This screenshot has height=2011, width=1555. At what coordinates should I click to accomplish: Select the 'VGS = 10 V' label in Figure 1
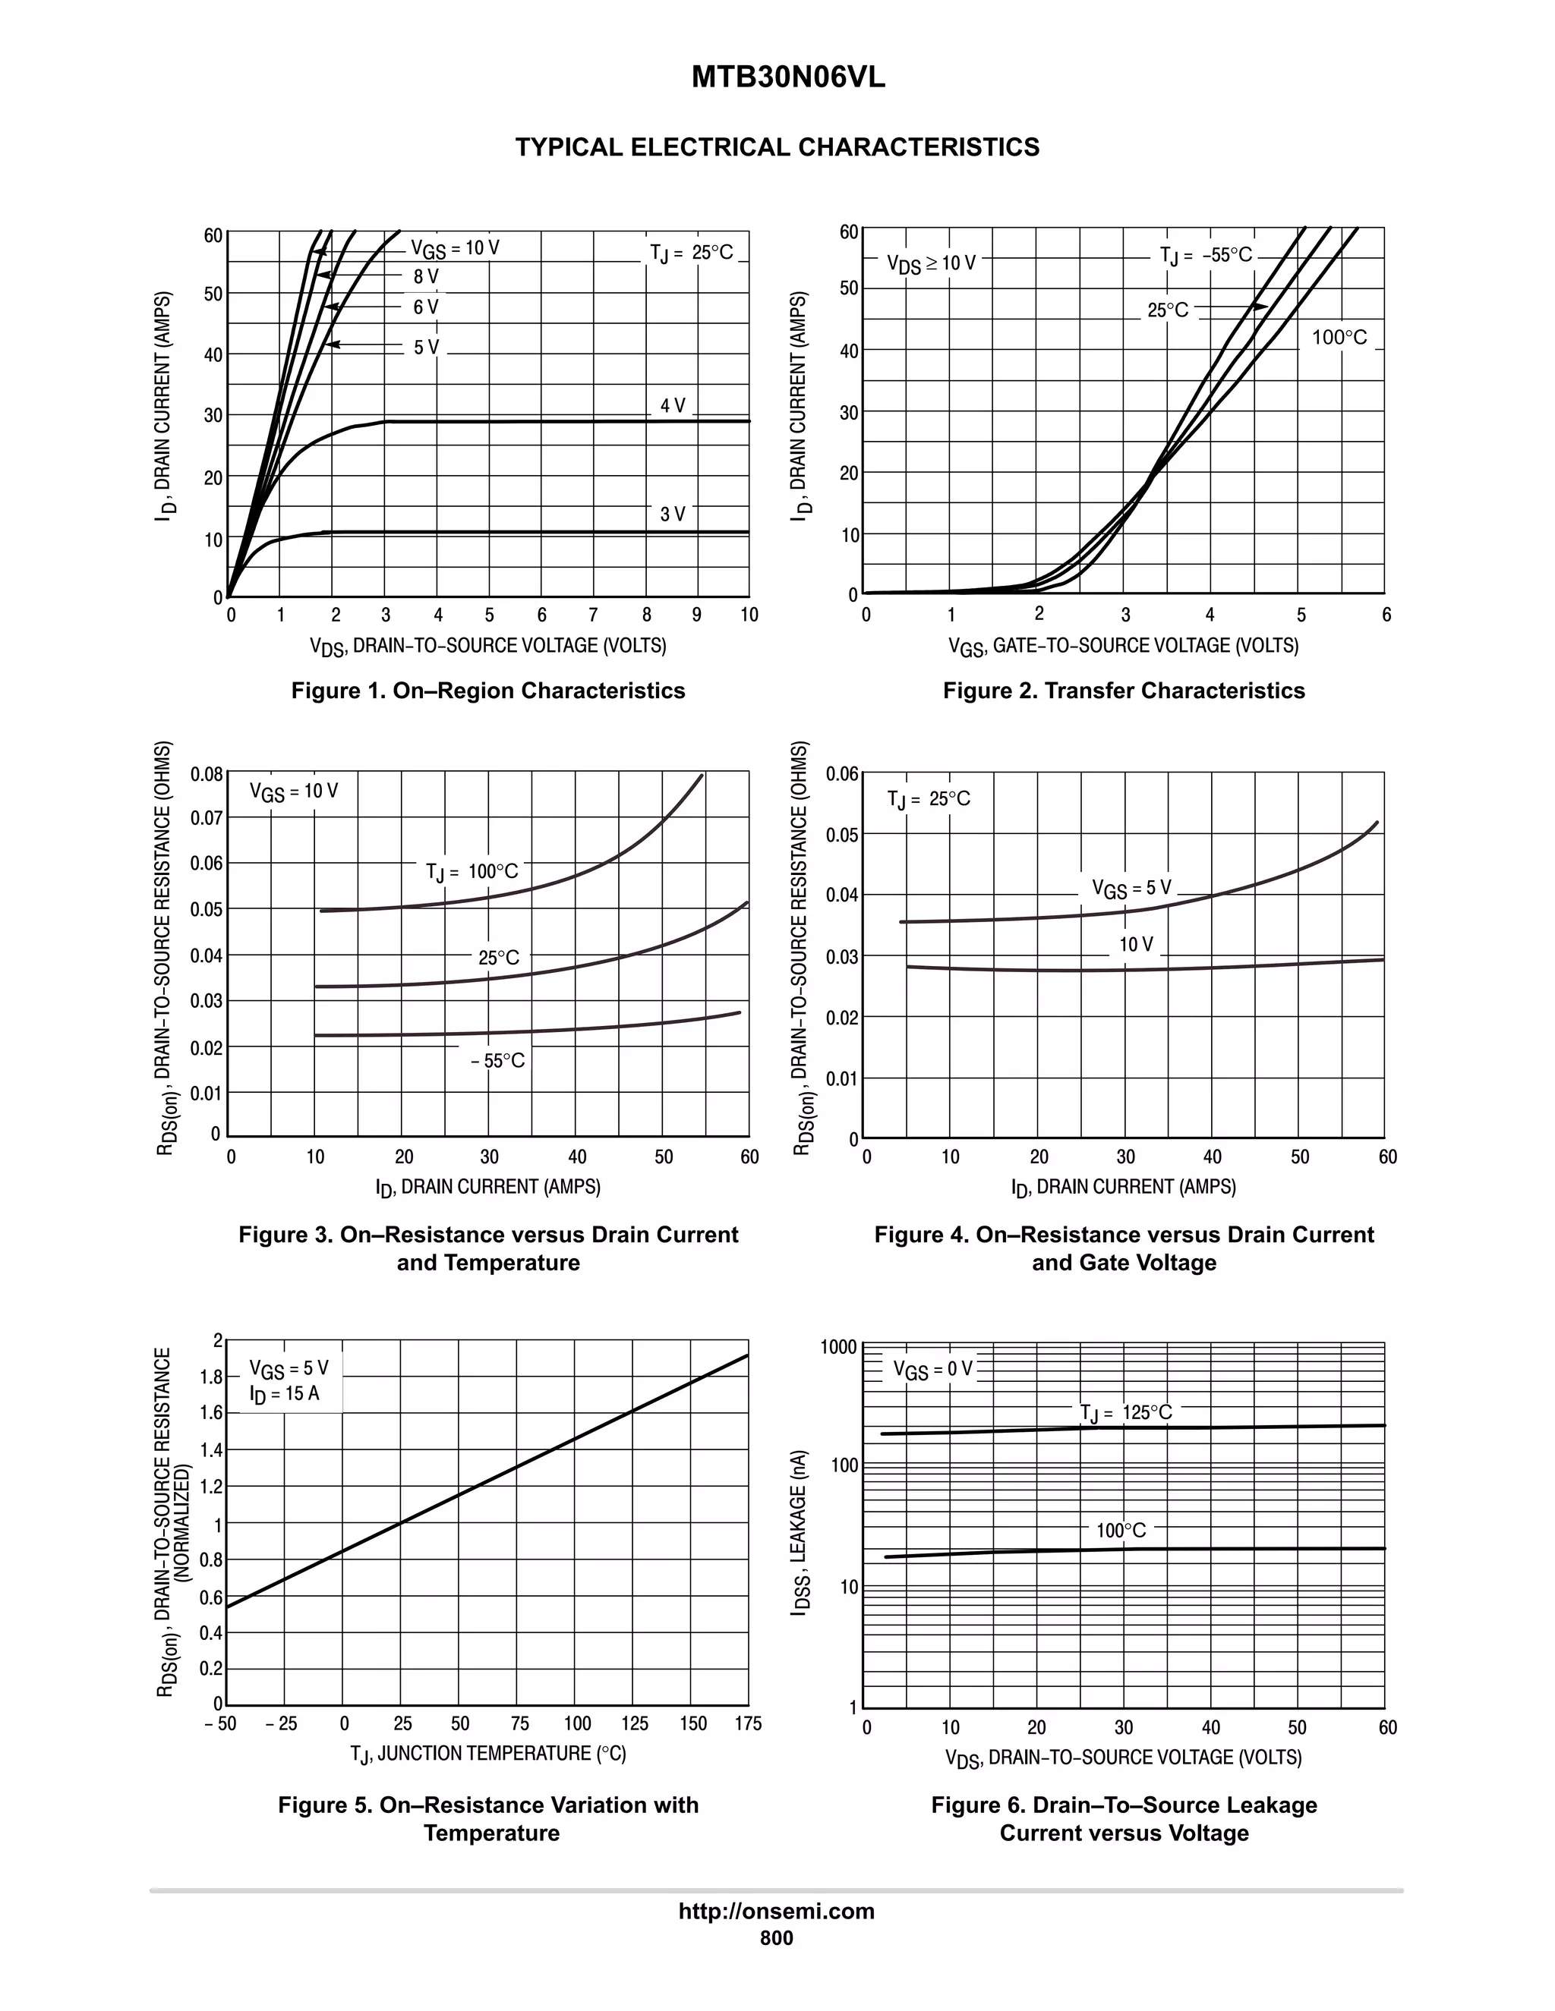click(x=455, y=249)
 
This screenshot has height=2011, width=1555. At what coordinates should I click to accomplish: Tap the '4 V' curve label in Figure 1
click(x=673, y=406)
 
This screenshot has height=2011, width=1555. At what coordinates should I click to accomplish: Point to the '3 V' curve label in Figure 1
click(x=673, y=515)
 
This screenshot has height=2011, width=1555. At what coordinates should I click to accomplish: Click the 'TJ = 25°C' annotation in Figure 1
click(x=691, y=252)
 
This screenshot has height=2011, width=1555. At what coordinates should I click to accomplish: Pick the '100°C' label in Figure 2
click(x=1339, y=338)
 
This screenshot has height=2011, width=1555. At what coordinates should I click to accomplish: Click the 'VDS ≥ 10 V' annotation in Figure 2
click(x=932, y=264)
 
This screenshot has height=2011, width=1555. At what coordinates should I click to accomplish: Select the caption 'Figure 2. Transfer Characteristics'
click(x=1123, y=691)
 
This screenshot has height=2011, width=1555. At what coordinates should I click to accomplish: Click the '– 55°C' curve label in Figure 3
click(x=497, y=1061)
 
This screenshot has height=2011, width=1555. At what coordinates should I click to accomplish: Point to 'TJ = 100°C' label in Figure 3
click(x=472, y=872)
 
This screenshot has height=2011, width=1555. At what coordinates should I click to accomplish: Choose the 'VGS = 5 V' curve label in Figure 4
click(x=1131, y=889)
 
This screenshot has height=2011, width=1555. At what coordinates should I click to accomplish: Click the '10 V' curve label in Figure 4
click(x=1136, y=945)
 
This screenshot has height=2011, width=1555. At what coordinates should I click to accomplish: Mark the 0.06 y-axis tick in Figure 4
click(x=842, y=774)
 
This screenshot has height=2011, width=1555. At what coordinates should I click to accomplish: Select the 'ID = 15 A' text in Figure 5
click(x=285, y=1393)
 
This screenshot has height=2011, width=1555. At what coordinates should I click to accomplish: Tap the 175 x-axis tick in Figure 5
click(x=748, y=1723)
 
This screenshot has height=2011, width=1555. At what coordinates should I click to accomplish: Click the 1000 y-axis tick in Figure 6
click(x=838, y=1348)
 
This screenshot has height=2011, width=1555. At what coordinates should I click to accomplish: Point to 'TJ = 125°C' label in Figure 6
click(x=1126, y=1412)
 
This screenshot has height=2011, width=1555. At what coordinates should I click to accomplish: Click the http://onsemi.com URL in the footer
click(x=777, y=1912)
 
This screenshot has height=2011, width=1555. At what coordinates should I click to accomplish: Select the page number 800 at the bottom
click(x=777, y=1938)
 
